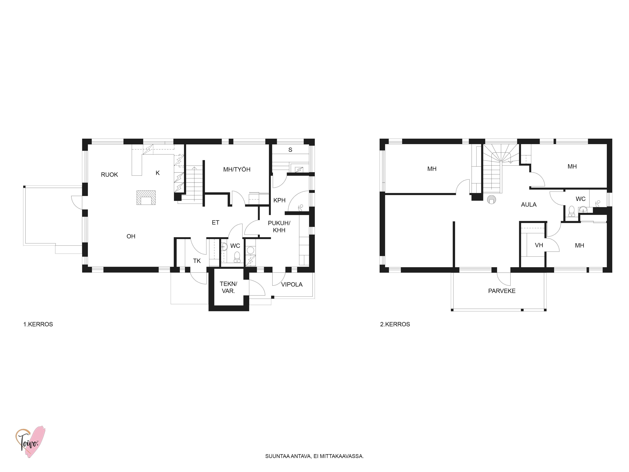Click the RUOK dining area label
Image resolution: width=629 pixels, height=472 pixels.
109,175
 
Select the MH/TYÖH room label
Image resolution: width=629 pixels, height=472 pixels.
237,170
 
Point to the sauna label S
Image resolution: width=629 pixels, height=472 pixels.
290,150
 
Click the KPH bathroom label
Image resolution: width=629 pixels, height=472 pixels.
280,200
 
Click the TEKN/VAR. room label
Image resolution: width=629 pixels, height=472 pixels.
228,287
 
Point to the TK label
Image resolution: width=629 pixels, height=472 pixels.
197,261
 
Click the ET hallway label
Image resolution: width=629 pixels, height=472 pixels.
216,222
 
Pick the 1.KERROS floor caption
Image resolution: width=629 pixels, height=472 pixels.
38,324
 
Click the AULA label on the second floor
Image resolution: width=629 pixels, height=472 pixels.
529,205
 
